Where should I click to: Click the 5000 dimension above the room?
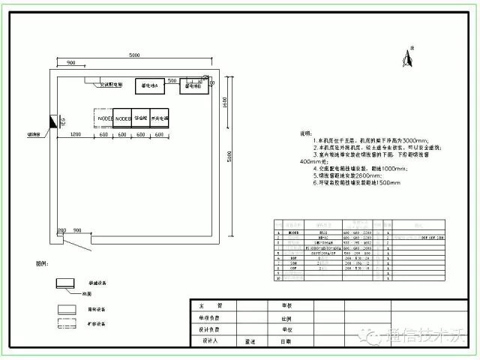134,55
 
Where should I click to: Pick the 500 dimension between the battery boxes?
172,80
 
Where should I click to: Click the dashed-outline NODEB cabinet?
103,118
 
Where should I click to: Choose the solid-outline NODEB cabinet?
122,118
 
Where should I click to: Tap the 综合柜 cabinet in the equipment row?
141,118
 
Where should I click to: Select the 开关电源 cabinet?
159,118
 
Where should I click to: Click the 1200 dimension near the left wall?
75,133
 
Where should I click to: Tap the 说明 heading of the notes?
305,133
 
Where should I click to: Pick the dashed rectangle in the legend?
67,324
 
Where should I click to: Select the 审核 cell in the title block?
286,306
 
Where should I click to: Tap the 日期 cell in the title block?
286,341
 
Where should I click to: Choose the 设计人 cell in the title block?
210,341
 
